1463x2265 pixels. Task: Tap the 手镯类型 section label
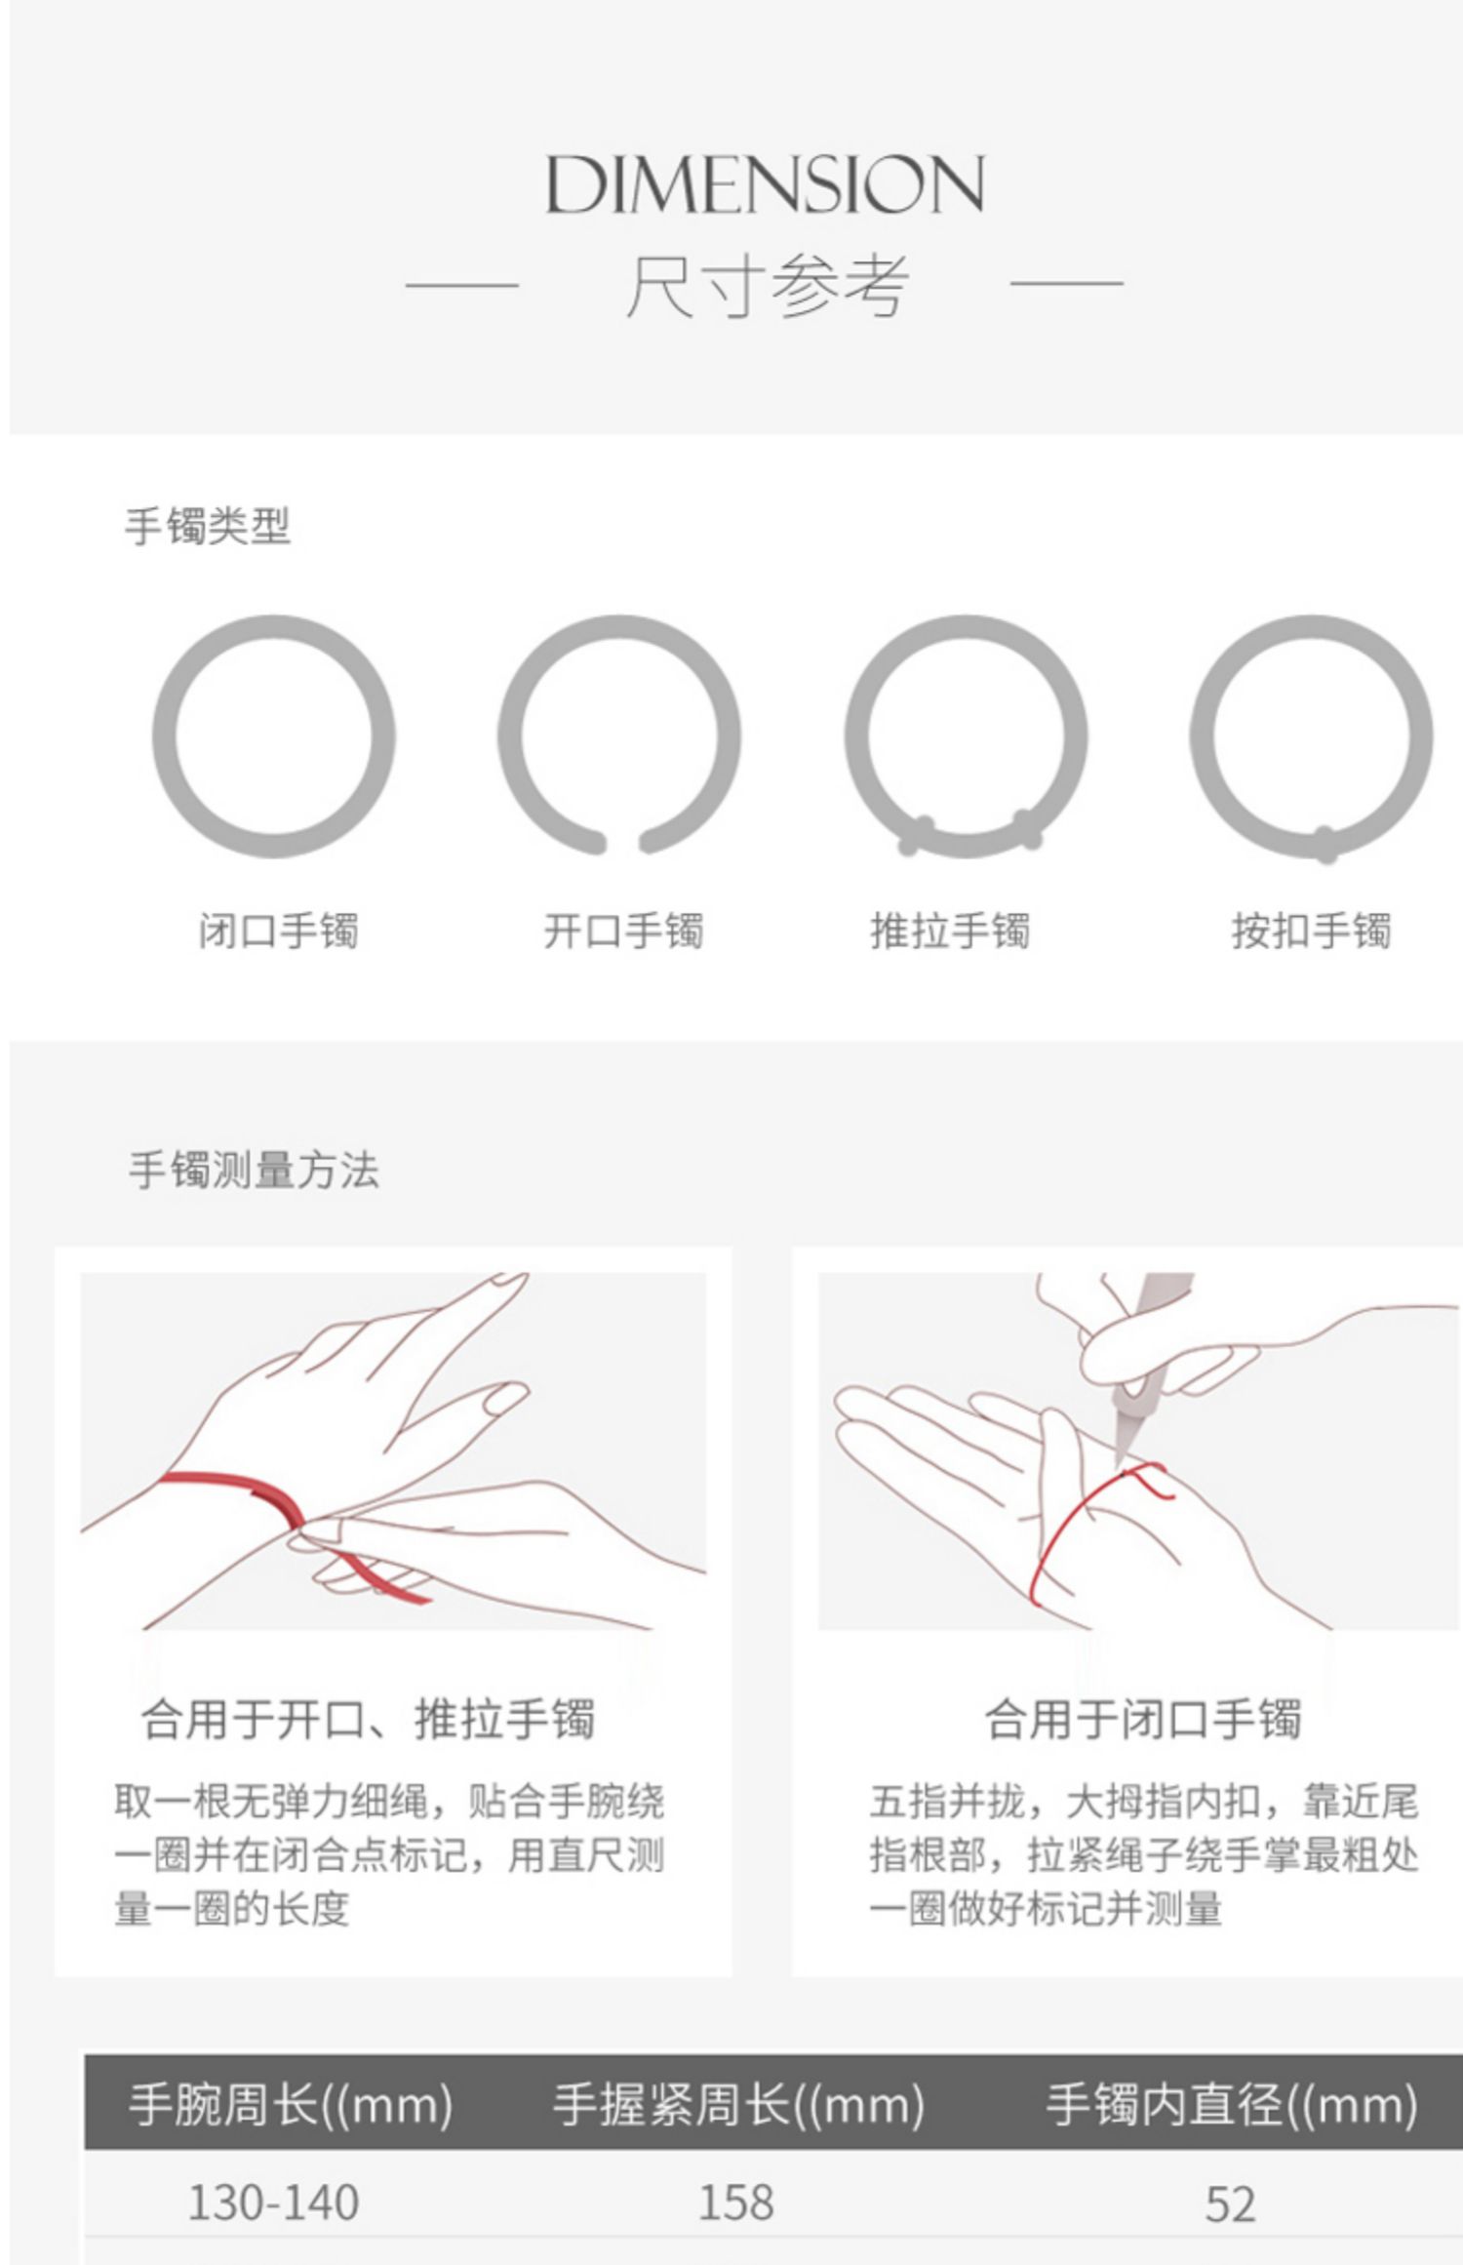point(208,526)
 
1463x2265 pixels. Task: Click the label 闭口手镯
point(279,931)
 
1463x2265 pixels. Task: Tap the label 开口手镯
point(623,931)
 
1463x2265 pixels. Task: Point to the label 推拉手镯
point(950,931)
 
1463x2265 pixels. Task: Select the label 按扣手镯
point(1311,931)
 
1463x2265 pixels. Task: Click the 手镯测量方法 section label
point(254,1170)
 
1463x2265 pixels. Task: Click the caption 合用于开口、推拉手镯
point(368,1718)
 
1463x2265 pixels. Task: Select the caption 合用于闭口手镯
point(1142,1718)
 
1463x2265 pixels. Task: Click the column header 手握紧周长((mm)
point(738,2103)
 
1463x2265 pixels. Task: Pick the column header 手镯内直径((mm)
point(1232,2103)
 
